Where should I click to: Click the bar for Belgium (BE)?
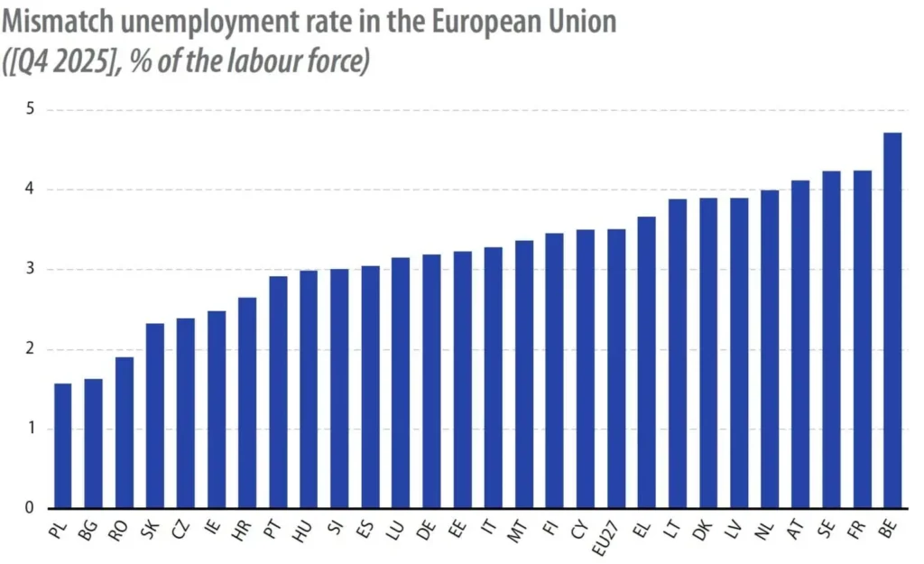[x=892, y=320]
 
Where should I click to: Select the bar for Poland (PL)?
[x=62, y=446]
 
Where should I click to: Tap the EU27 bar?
[x=615, y=368]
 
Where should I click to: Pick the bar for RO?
[x=124, y=432]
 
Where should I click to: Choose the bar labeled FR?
[x=862, y=339]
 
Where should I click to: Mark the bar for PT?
[x=278, y=392]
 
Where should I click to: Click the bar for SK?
[x=154, y=415]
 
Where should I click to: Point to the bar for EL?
[x=646, y=363]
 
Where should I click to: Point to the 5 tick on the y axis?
[x=31, y=109]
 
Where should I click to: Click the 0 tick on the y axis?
[x=30, y=508]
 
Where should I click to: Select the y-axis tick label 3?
[x=31, y=269]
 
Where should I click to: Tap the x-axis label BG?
[x=88, y=531]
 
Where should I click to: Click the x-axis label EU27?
[x=605, y=538]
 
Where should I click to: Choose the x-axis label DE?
[x=426, y=531]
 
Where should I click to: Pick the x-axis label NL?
[x=763, y=531]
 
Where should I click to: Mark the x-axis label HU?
[x=301, y=531]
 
